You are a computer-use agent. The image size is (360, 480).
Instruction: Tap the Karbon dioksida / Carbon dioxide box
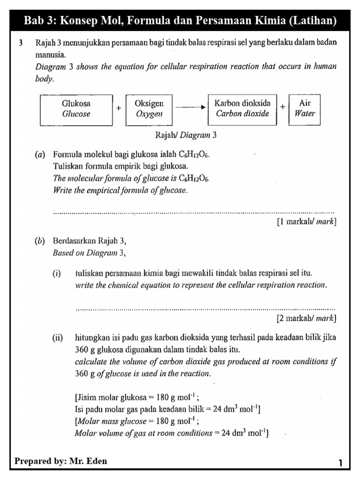(242, 109)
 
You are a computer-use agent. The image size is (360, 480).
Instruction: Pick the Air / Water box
(305, 109)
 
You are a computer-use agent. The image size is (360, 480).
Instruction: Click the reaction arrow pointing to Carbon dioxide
(190, 107)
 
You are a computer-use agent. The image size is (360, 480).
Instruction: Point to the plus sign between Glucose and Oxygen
(119, 107)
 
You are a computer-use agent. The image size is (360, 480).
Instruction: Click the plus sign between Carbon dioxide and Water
(283, 107)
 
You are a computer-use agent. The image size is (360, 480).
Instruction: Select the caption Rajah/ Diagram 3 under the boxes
(186, 136)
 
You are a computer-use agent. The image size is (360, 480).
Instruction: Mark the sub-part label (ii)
(58, 337)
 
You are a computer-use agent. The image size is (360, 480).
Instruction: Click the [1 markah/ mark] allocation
(307, 221)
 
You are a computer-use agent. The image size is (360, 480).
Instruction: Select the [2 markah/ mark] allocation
(307, 319)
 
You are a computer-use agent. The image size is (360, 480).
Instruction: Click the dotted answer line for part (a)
(194, 212)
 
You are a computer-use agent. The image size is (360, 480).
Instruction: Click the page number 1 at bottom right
(341, 464)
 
